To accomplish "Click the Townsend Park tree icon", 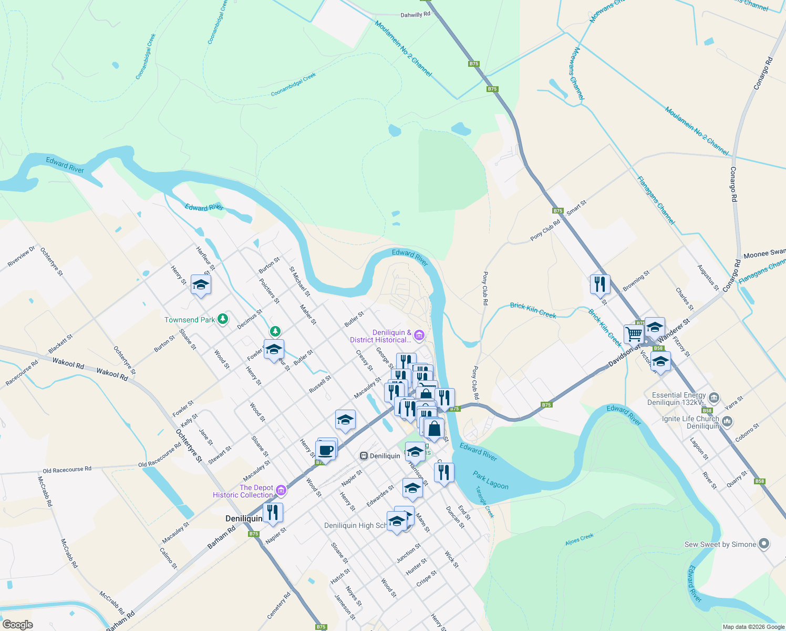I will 223,319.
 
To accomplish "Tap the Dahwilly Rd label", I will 415,15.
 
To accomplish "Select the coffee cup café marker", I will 326,451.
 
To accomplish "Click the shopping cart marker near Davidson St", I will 634,333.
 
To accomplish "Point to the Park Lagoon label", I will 490,480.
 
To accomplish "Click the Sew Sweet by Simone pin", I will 764,544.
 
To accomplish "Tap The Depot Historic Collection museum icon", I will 281,490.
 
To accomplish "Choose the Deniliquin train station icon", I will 364,455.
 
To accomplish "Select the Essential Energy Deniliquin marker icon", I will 713,397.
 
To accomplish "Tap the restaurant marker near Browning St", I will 599,284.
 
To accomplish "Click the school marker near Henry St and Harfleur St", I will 201,285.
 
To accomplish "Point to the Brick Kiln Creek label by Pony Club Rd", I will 533,310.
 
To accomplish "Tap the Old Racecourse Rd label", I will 67,469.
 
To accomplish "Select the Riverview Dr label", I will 22,257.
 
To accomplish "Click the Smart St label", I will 576,206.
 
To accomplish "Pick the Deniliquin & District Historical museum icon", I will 419,334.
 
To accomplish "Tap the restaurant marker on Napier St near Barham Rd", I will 273,512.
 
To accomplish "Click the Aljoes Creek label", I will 579,540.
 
